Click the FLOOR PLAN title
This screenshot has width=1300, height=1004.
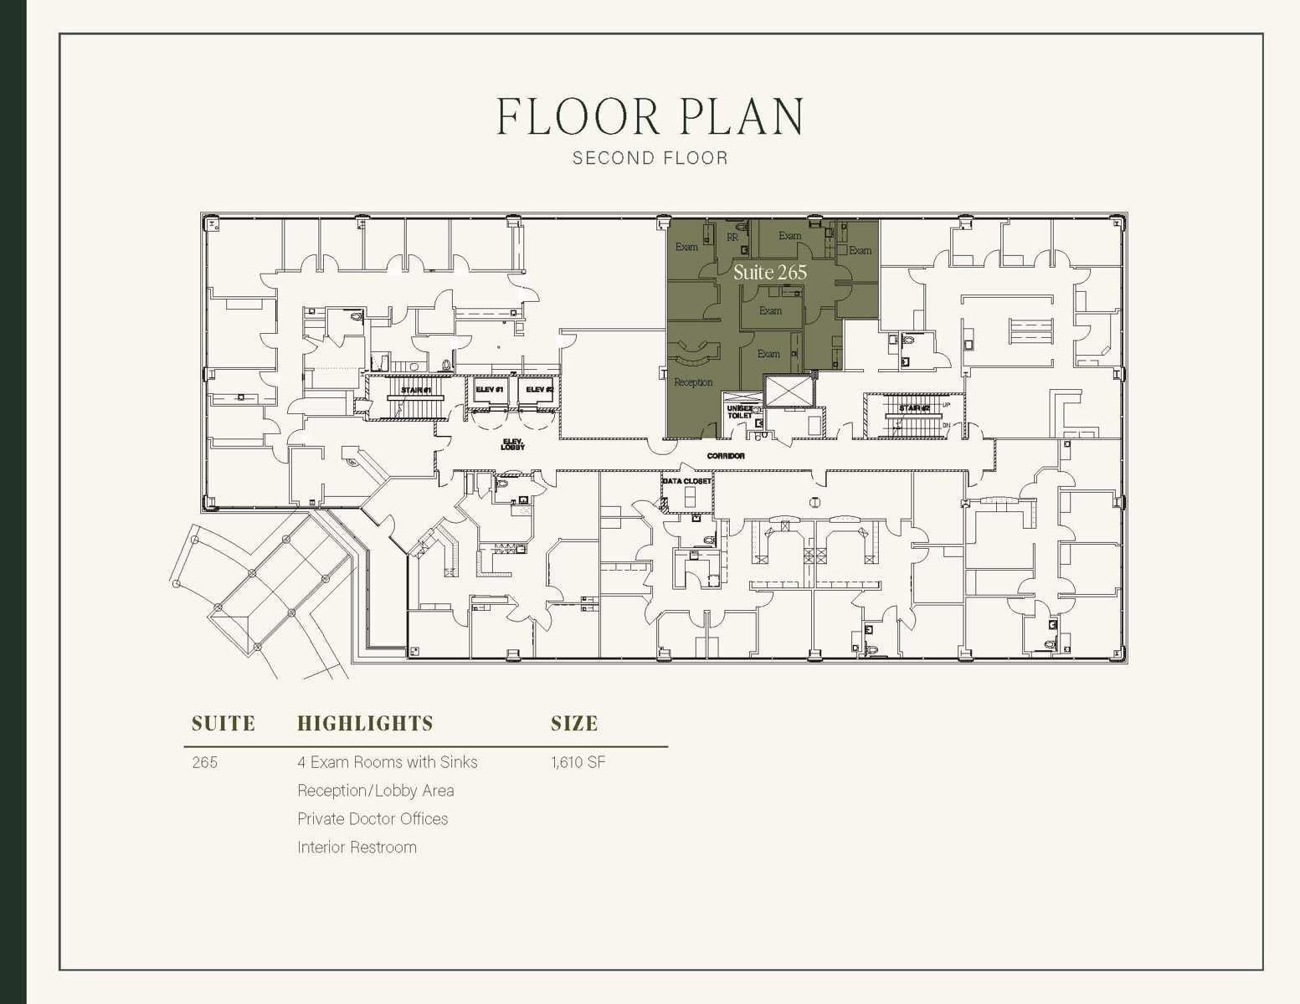[650, 116]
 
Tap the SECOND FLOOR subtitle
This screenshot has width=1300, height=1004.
[650, 158]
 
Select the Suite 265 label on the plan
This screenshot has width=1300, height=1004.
[769, 272]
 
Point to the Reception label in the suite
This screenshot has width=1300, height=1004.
[693, 382]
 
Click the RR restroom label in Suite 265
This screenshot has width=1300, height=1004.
[732, 238]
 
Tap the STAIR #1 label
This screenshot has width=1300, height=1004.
[415, 391]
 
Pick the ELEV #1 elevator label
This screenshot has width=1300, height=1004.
[489, 390]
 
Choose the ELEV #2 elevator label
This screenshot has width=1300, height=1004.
[539, 390]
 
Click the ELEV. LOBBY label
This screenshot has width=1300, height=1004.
[512, 444]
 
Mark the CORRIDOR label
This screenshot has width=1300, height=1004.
[725, 456]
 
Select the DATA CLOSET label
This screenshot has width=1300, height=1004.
[686, 481]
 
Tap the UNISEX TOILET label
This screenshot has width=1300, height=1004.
[739, 412]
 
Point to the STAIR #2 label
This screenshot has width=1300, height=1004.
[913, 408]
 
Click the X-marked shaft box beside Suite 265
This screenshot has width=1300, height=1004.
[789, 392]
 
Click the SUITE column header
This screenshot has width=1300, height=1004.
[223, 724]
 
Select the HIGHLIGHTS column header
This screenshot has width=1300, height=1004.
[365, 724]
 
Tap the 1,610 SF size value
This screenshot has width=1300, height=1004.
[578, 762]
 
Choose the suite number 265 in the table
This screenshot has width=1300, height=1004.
[204, 762]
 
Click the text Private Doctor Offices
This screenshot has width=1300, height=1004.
[373, 819]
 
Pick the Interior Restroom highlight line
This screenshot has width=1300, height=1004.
[357, 848]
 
